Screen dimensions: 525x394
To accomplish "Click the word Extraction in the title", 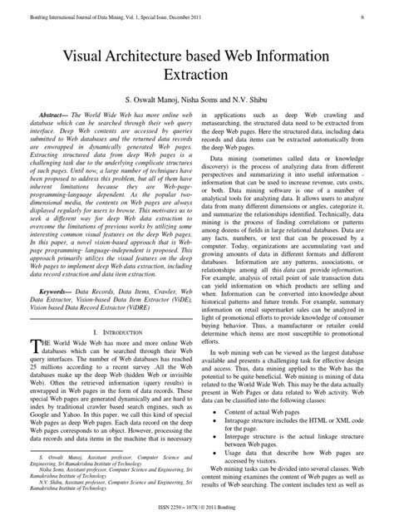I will tap(196, 75).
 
